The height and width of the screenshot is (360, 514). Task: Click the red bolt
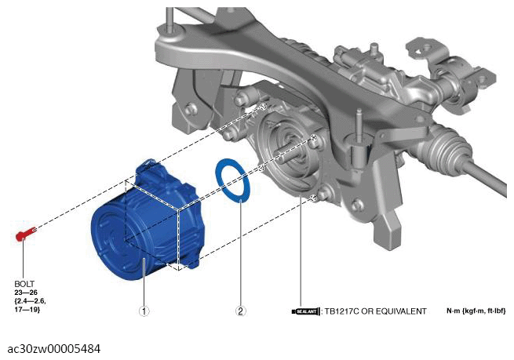[x=26, y=234]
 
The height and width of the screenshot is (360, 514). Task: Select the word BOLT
[x=24, y=284]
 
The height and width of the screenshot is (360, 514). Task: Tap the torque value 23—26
[x=26, y=293]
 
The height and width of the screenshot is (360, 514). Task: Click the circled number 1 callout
[x=144, y=311]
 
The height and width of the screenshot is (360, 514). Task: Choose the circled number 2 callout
[x=240, y=311]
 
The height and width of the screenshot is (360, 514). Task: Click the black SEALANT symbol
[x=305, y=311]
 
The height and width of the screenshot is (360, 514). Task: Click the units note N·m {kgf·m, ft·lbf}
[x=476, y=311]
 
